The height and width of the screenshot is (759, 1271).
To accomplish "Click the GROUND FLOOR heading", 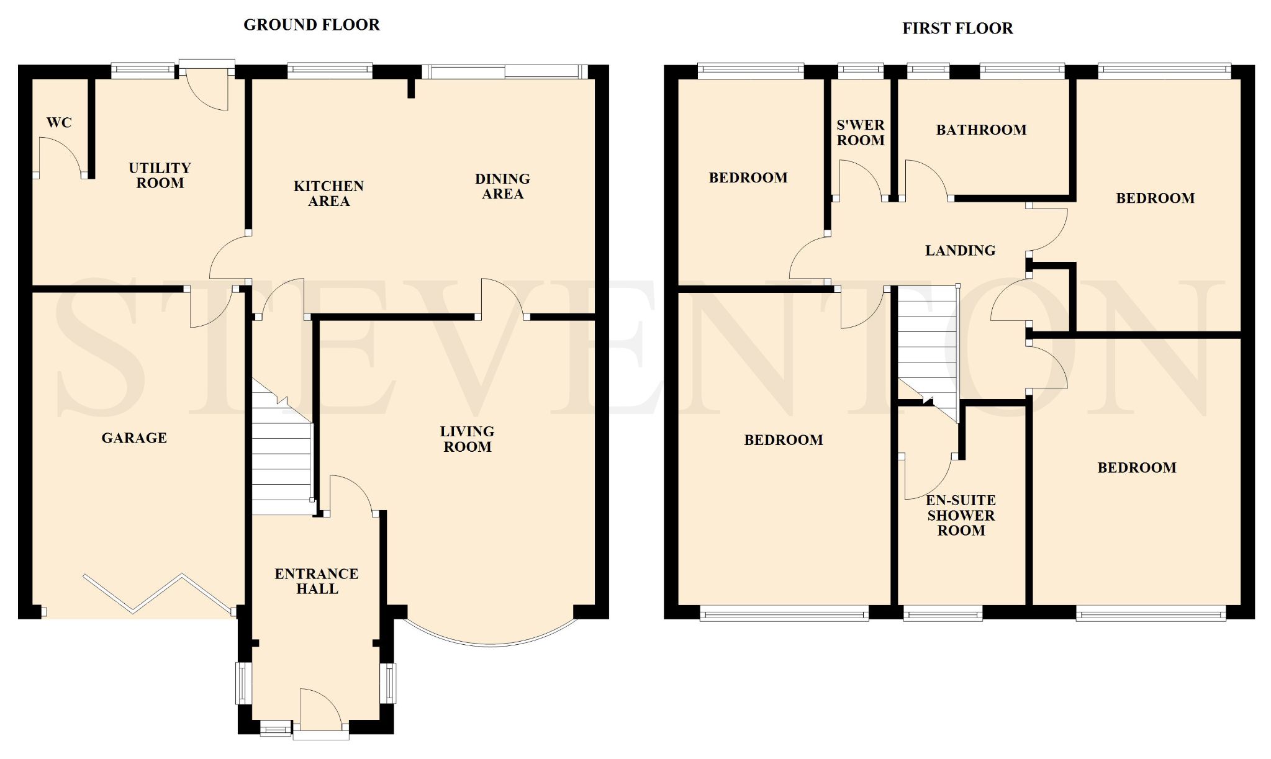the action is coord(311,25).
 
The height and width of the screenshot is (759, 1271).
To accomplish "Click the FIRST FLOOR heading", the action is coord(957,29).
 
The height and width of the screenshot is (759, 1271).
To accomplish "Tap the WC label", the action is coord(59,123).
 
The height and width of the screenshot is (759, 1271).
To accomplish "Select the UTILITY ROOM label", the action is coord(160,176).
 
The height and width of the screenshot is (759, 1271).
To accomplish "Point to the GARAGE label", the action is coord(134,438).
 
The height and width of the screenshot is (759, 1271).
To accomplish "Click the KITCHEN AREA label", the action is coord(328,194).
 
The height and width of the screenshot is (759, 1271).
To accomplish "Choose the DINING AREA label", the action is coord(502,186).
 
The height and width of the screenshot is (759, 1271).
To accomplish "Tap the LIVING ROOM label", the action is coord(467,439).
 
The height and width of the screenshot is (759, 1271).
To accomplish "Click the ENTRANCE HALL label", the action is coord(317,581).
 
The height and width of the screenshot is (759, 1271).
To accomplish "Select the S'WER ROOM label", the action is coord(861,133).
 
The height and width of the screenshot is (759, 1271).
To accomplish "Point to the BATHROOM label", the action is coord(981,130).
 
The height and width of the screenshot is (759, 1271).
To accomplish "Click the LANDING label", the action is coord(960,250).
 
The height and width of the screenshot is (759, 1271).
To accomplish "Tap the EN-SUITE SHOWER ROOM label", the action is coord(961,515).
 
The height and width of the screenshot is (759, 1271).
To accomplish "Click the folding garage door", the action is coord(159,594).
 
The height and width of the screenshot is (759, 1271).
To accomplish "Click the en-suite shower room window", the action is coord(943,615).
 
